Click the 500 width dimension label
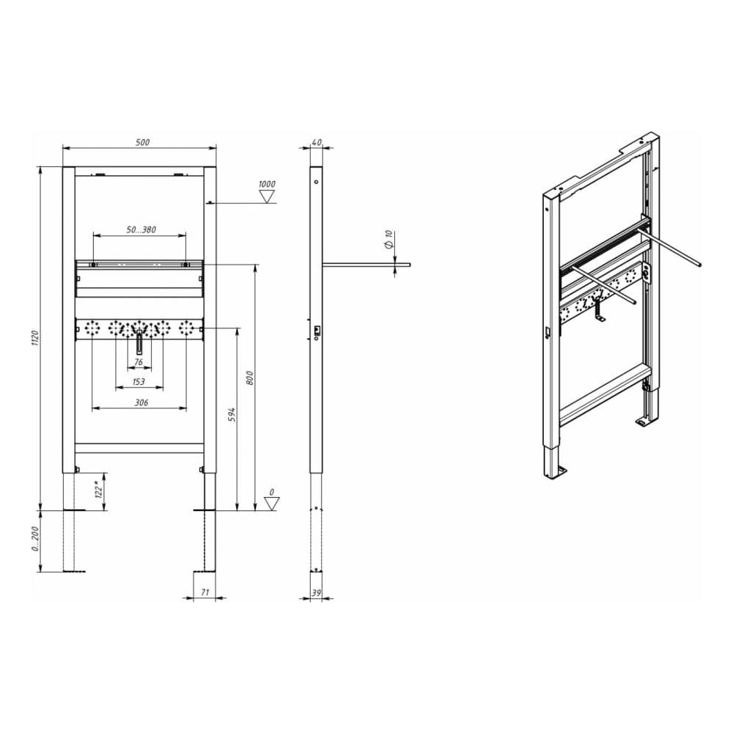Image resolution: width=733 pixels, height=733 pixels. pos(143,142)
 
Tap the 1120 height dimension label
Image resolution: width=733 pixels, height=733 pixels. pos(35,338)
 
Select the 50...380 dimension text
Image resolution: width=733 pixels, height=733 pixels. pos(141,229)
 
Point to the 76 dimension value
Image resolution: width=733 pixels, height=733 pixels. pos(139,362)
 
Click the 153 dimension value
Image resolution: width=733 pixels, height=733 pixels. pos(139,381)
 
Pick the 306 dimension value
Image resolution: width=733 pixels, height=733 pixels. pos(141,402)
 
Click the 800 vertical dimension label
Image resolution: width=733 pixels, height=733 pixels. pos(250,377)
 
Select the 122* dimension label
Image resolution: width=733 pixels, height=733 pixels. pos(99,489)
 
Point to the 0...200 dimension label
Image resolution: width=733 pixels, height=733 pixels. pos(35,539)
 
